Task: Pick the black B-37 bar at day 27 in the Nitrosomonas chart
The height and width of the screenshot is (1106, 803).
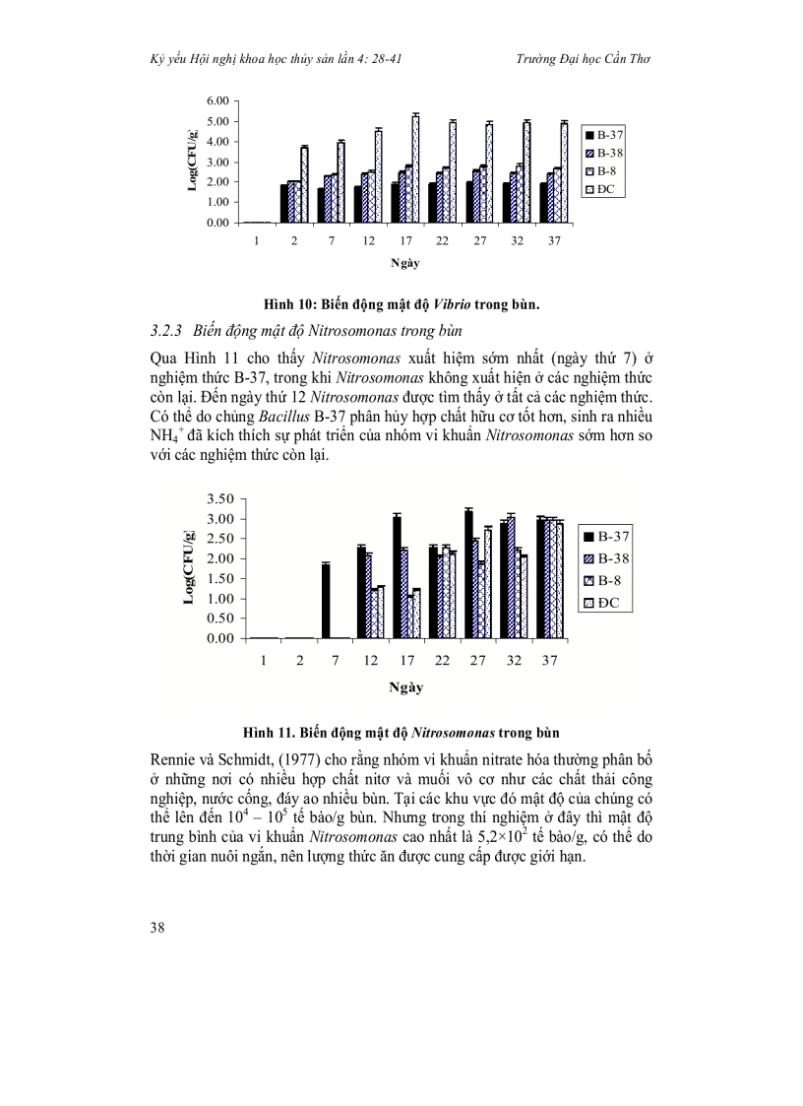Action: pos(468,574)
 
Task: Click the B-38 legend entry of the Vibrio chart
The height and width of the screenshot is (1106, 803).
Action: pos(603,153)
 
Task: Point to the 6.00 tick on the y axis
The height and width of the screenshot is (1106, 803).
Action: pos(217,101)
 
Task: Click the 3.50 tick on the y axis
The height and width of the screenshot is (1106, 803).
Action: pos(220,498)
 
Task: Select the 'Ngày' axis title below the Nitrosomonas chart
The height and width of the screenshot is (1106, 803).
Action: pos(405,687)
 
